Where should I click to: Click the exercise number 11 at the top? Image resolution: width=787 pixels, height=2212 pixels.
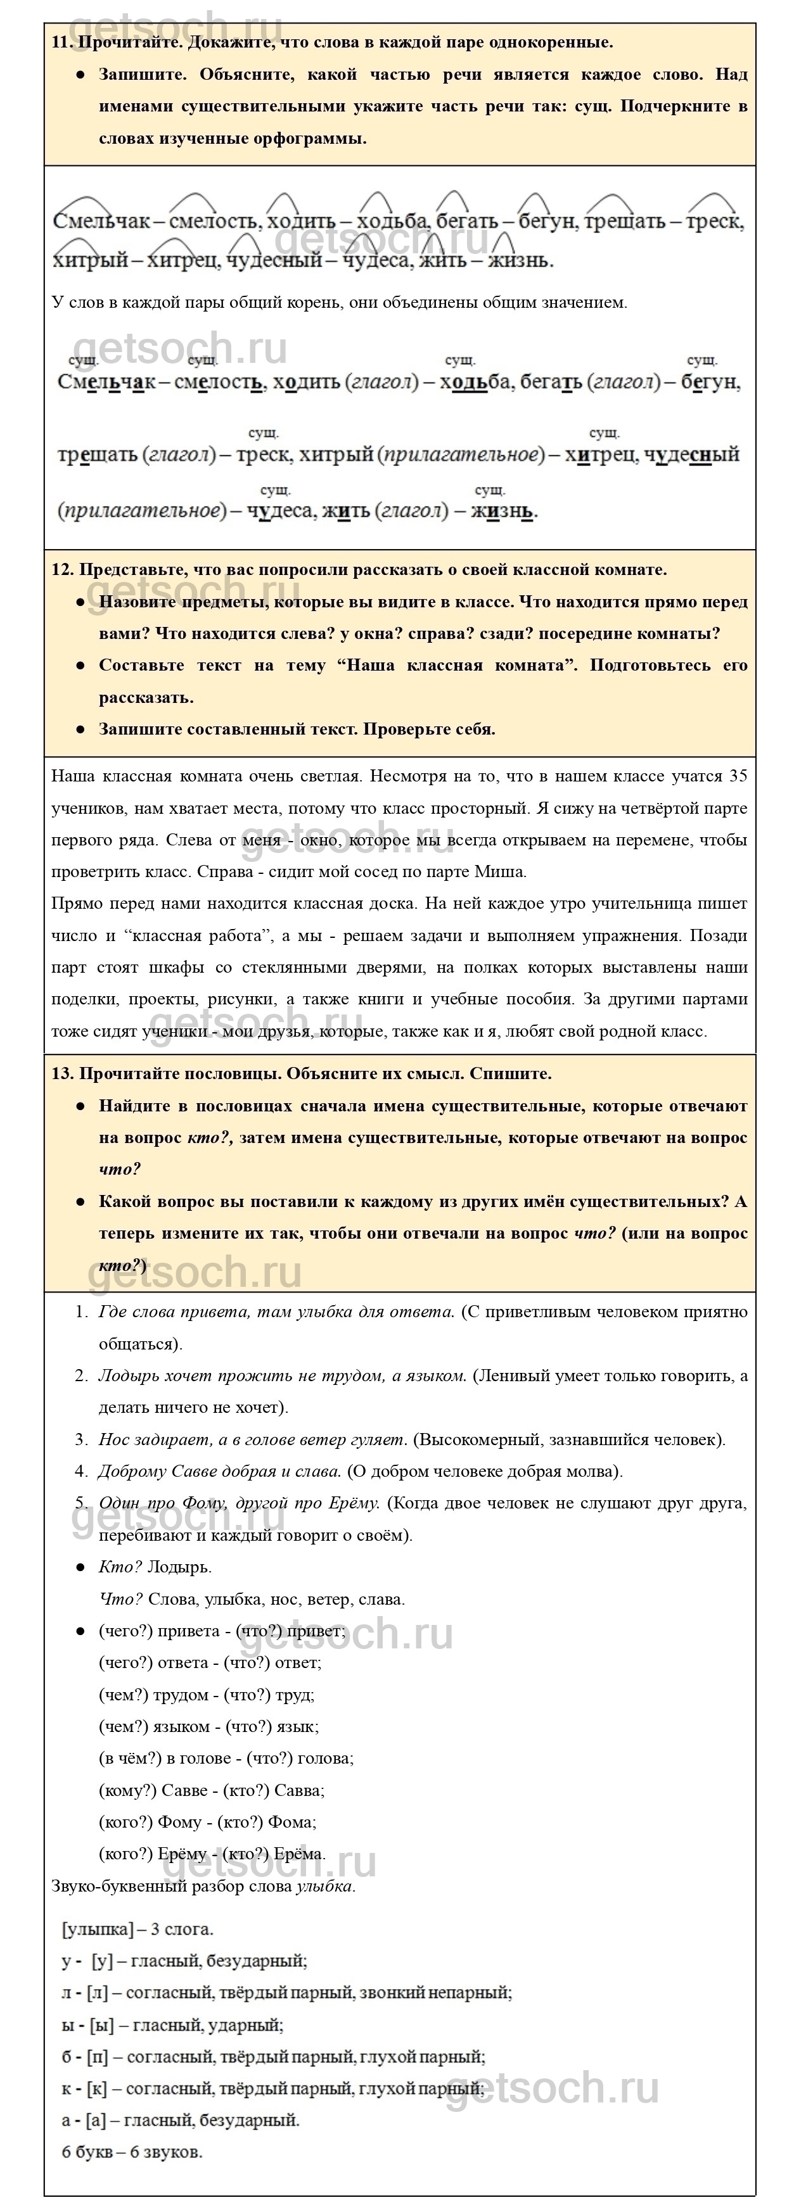60,42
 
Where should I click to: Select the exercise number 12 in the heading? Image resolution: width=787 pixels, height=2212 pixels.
61,569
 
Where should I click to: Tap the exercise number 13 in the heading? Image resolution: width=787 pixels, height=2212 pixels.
61,1073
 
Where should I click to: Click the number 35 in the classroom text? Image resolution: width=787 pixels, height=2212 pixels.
737,776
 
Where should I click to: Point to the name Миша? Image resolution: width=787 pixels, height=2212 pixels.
501,871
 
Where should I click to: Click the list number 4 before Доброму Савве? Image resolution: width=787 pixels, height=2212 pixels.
80,1471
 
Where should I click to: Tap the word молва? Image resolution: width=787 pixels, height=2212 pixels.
594,1471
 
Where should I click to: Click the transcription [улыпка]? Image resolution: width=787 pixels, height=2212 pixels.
98,1930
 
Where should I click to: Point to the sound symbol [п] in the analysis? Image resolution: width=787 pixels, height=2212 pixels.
97,2057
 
